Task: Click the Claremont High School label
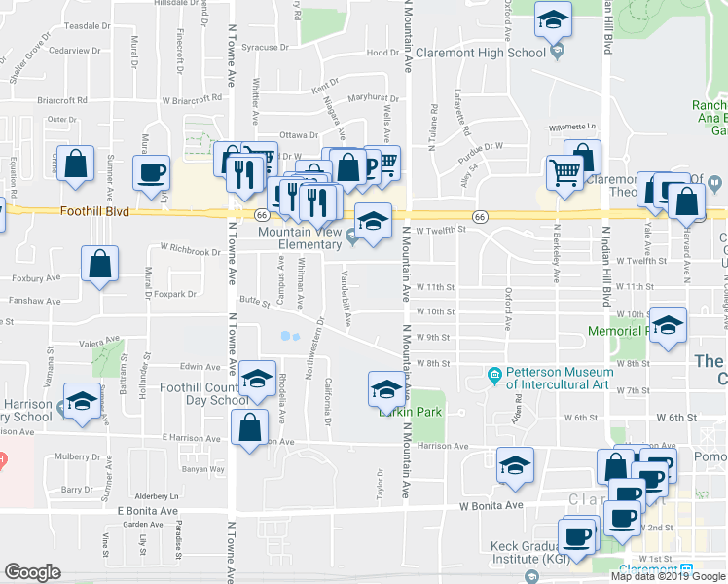click(480, 54)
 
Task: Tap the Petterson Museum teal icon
click(495, 375)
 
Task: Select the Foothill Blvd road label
click(95, 210)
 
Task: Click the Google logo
click(32, 572)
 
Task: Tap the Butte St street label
click(254, 304)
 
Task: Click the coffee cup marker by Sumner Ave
click(151, 173)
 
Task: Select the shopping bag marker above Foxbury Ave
click(100, 263)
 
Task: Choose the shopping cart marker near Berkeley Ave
click(564, 174)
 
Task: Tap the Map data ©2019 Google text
click(668, 576)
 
